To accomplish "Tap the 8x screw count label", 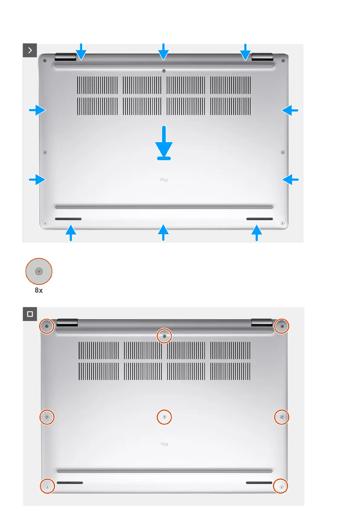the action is point(39,290).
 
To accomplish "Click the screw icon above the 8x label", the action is point(39,271).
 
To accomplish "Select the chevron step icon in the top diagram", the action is point(30,50).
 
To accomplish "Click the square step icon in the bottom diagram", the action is point(30,314).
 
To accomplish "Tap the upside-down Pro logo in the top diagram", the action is point(164,180).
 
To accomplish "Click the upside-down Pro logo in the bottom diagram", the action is point(164,444).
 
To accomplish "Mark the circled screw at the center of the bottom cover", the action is point(164,417).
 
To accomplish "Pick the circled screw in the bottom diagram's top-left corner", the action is point(47,326).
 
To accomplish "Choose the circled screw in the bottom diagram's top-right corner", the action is point(282,326).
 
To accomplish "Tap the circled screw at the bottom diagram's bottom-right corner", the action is point(281,486).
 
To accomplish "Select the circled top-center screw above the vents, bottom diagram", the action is point(164,336).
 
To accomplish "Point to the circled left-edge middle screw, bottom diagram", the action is point(47,417).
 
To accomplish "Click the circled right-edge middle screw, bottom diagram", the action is point(282,417).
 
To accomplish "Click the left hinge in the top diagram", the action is point(65,57).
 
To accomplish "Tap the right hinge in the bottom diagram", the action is point(262,323).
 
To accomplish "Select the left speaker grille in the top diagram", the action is point(68,219).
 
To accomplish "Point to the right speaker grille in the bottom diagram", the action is point(259,483).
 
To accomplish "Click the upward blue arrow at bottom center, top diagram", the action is point(163,232).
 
